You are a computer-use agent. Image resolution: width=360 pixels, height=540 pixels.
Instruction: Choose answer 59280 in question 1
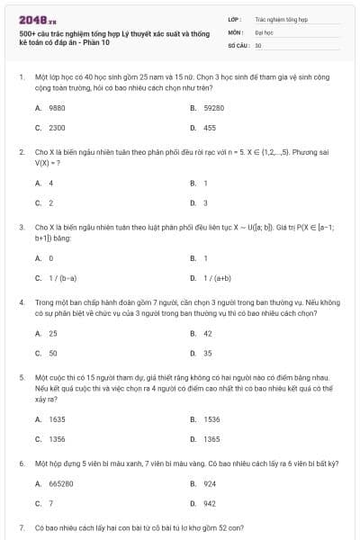click(212, 107)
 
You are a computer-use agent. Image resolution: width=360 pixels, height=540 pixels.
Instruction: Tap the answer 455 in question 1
click(210, 128)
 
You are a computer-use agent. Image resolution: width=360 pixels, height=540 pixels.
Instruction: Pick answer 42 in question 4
click(208, 333)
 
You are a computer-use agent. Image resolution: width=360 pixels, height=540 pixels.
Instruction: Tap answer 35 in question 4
click(208, 353)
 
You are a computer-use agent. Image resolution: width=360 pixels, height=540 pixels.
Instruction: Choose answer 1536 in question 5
click(211, 418)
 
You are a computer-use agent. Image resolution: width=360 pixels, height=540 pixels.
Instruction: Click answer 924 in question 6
click(210, 483)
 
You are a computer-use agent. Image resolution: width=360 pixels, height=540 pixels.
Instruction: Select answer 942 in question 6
click(210, 503)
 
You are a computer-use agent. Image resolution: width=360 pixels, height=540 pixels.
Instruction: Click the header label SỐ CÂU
click(238, 44)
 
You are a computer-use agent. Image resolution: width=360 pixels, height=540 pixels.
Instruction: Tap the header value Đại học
click(264, 31)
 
